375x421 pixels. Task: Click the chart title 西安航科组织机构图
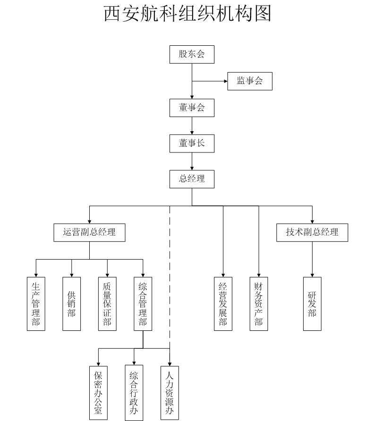pyautogui.click(x=187, y=14)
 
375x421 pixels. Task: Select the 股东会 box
pyautogui.click(x=192, y=54)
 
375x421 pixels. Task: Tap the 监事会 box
pyautogui.click(x=250, y=81)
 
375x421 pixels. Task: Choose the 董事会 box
pyautogui.click(x=192, y=108)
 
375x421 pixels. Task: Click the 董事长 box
pyautogui.click(x=192, y=143)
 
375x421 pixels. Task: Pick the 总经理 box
pyautogui.click(x=192, y=179)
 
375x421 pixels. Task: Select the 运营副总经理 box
pyautogui.click(x=90, y=232)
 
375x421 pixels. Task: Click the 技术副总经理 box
pyautogui.click(x=312, y=232)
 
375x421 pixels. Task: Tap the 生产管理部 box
pyautogui.click(x=36, y=303)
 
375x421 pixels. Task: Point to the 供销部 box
pyautogui.click(x=71, y=303)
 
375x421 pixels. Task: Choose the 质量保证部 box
pyautogui.click(x=107, y=303)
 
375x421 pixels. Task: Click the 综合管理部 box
pyautogui.click(x=143, y=303)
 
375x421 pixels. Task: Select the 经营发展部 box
pyautogui.click(x=223, y=303)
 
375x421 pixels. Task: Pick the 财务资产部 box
pyautogui.click(x=258, y=303)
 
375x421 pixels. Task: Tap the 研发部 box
pyautogui.click(x=312, y=303)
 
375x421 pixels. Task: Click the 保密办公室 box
pyautogui.click(x=98, y=393)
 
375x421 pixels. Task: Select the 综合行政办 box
pyautogui.click(x=134, y=393)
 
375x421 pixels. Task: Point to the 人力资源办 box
pyautogui.click(x=170, y=393)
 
